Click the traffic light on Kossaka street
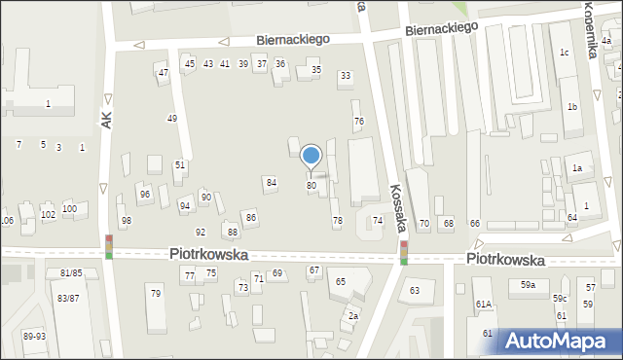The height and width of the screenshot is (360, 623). click(x=403, y=253)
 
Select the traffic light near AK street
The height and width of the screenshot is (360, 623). click(x=109, y=246)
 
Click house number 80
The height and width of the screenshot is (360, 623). click(x=311, y=185)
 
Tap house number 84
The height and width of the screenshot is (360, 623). click(x=272, y=182)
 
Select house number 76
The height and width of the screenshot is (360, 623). click(x=358, y=121)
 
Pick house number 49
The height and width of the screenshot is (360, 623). click(x=172, y=118)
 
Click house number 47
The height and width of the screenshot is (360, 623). click(x=164, y=72)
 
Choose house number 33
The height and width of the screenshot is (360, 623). click(x=345, y=75)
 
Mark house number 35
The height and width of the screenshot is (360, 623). click(x=315, y=69)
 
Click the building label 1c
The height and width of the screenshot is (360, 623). click(x=564, y=53)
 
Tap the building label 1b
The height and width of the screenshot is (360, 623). click(x=572, y=106)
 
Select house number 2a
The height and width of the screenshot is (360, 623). click(x=354, y=315)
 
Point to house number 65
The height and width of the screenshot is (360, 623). click(x=341, y=281)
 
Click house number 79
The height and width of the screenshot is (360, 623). click(x=155, y=293)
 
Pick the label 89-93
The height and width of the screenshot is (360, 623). click(x=34, y=336)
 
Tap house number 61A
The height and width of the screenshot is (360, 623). click(x=483, y=305)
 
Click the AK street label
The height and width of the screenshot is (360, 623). click(x=106, y=119)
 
